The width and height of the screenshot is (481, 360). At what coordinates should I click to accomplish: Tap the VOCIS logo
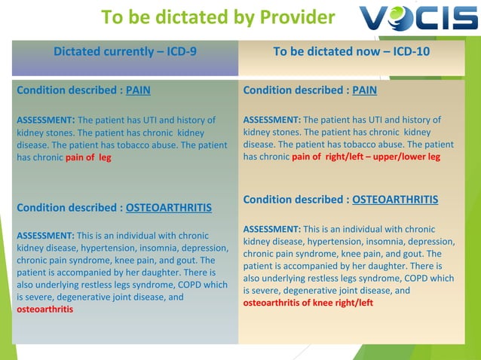pos(418,17)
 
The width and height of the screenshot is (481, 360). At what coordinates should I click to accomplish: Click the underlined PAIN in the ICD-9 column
pos(138,90)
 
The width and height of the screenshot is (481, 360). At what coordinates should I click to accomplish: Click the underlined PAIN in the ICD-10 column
pos(364,90)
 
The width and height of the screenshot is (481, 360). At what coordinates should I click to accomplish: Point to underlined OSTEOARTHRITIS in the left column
pos(168,207)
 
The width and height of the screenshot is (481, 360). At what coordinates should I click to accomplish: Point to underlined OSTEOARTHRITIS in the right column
pos(395,200)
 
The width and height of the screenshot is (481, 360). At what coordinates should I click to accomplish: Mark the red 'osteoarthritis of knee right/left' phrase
pos(308,303)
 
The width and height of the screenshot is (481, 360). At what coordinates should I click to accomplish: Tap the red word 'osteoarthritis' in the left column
pos(44,310)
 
